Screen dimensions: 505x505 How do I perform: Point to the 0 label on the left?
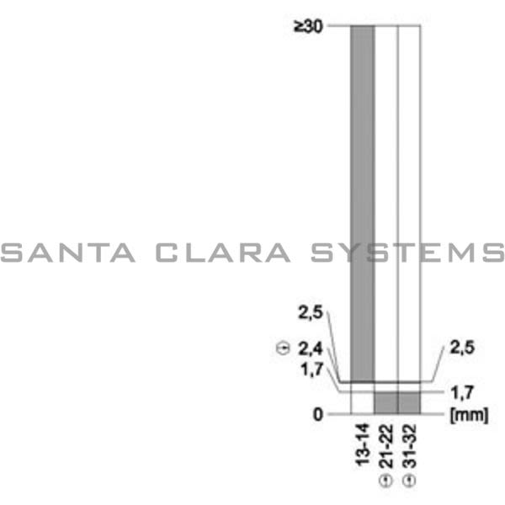tap(318, 414)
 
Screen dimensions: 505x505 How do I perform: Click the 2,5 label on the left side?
tap(310, 313)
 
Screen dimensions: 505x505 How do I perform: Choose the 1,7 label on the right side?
tap(464, 391)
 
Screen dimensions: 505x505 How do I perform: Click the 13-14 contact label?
tap(363, 446)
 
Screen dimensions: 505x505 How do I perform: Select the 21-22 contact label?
tap(385, 446)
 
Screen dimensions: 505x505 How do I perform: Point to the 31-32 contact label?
tap(409, 446)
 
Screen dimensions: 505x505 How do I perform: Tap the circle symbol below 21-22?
tap(385, 481)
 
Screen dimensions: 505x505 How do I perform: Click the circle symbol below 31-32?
tap(409, 481)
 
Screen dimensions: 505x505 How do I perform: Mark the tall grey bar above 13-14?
tap(362, 202)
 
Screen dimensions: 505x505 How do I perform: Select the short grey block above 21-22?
tap(385, 402)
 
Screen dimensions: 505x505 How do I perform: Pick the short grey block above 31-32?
tap(409, 402)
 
